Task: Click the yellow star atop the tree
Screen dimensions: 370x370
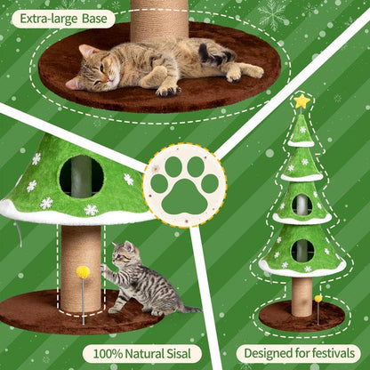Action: (x=302, y=101)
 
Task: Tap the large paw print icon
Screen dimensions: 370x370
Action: (x=184, y=184)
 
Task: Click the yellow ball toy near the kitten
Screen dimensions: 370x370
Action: (x=83, y=272)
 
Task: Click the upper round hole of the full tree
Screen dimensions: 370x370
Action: (x=302, y=205)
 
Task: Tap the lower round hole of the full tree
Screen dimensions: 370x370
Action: (x=302, y=250)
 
